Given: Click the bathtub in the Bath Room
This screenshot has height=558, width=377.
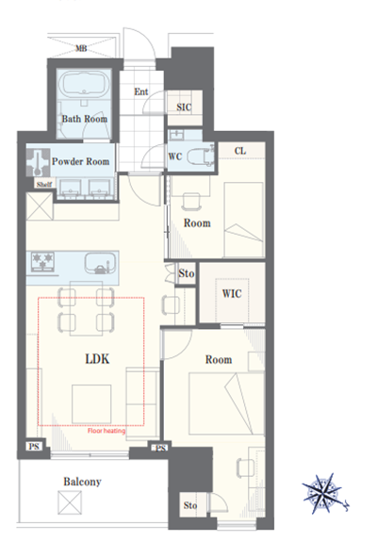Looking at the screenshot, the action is pos(85,85).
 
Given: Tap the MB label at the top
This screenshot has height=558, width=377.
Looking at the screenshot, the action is pos(81,48).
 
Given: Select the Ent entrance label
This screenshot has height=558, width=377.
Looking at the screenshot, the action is pos(141,91).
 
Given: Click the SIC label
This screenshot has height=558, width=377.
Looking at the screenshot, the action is pos(184,107).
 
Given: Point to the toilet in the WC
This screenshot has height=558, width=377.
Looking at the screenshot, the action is pos(200,156).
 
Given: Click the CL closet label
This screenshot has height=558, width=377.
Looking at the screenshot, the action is pos(240,151).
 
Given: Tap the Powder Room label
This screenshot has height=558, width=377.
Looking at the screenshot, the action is pos(80,161).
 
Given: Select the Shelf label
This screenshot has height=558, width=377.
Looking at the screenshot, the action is pos(43,185).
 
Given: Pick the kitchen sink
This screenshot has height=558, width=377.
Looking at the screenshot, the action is pos(101,264).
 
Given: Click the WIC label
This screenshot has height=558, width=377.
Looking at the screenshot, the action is pos(232,293).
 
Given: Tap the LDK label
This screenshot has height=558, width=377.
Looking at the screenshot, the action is pos(97,359).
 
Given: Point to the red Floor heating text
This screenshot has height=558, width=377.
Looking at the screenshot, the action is pos(107,431).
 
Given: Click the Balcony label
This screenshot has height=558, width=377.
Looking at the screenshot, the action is pos(82,482).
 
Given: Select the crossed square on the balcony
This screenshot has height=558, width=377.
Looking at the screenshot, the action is pos(70,502).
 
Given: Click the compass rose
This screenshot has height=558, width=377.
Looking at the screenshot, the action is pos(324,494).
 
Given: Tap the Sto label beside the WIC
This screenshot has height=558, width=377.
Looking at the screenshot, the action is pos(187,273).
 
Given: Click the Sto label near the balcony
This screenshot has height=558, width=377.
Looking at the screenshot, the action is pos(190,505).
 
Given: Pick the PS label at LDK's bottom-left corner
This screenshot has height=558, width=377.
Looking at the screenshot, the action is pos(34,446).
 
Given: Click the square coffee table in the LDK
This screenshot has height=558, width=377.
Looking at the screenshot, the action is pos(91,404).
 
